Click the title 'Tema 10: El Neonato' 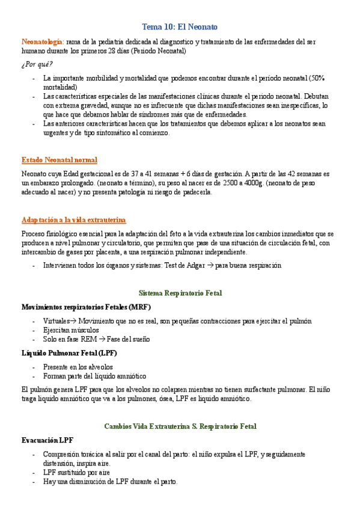180,27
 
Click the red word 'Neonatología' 41,42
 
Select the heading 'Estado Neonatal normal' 59,160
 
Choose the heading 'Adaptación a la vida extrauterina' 73,220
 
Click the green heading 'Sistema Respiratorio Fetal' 180,293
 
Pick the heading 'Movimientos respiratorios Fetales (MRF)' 78,307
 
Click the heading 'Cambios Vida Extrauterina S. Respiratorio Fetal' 180,426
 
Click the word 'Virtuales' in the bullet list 56,321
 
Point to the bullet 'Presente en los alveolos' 78,367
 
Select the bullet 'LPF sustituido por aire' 76,473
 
